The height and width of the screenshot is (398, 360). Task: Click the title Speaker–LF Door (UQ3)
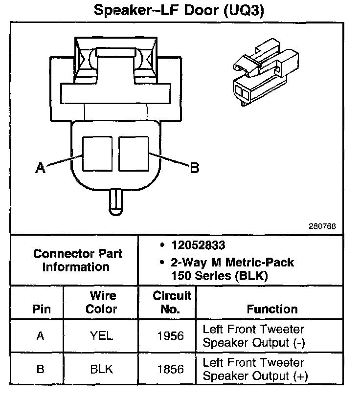tap(179, 11)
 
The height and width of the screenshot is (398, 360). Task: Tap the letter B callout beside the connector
tap(194, 168)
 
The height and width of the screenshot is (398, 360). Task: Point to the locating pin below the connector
tap(115, 200)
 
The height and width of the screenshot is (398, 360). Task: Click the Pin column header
tap(41, 310)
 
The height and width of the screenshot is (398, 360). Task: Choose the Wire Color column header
tap(102, 302)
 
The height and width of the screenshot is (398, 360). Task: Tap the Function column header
tap(272, 309)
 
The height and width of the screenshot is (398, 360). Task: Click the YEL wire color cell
tap(102, 336)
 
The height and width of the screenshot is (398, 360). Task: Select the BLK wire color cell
tap(102, 369)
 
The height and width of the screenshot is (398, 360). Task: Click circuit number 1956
tap(170, 336)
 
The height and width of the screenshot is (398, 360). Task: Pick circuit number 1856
tap(170, 369)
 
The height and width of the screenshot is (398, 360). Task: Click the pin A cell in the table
tap(41, 336)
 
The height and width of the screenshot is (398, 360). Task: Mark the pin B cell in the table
tap(41, 369)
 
